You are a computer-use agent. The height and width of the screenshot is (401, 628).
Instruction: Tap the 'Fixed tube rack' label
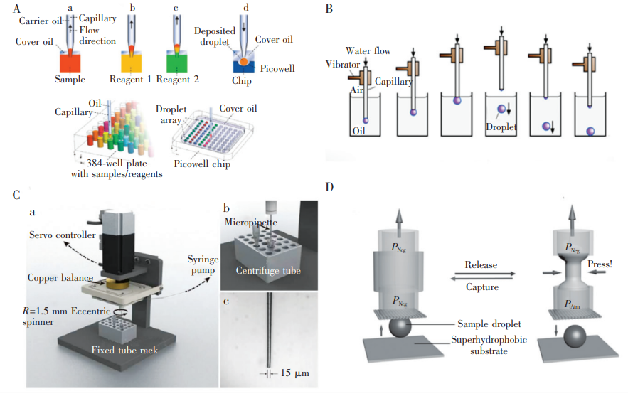pyautogui.click(x=124, y=350)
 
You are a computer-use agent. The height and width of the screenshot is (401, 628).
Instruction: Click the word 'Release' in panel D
pyautogui.click(x=480, y=264)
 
